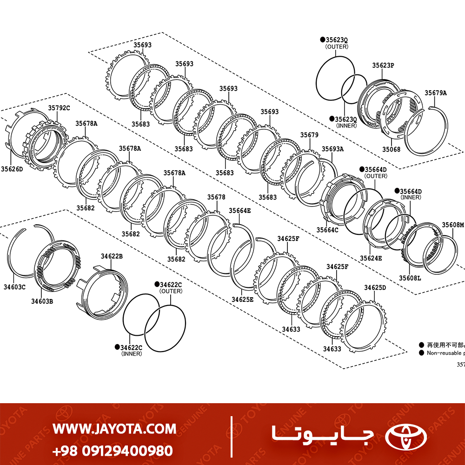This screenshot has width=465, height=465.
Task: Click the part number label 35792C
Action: [x=59, y=108]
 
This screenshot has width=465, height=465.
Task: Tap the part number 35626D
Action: [x=12, y=169]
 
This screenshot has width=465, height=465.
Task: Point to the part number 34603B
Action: [x=42, y=301]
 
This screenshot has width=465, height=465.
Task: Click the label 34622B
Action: [x=112, y=256]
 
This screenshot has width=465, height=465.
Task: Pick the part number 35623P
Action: [x=383, y=66]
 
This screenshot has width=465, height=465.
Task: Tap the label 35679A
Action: [x=435, y=93]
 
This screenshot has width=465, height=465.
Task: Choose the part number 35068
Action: [x=391, y=149]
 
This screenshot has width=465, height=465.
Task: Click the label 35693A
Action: [x=333, y=149]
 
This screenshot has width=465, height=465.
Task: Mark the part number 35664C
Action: [x=327, y=230]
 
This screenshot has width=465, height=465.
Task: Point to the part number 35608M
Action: [x=452, y=225]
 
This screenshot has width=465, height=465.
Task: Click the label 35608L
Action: [x=410, y=278]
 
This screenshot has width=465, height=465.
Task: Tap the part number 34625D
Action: [x=375, y=287]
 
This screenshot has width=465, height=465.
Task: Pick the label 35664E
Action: [x=239, y=211]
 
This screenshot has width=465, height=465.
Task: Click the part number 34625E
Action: [x=243, y=299]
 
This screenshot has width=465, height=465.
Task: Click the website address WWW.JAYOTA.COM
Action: [x=114, y=428]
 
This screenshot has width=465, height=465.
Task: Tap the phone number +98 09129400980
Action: [x=113, y=451]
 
